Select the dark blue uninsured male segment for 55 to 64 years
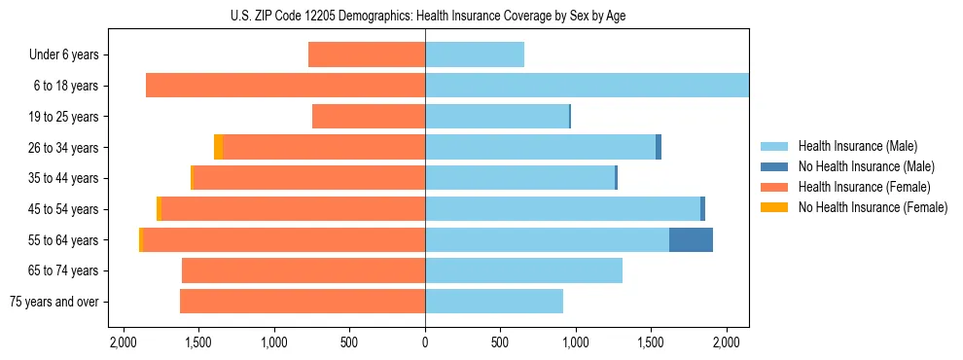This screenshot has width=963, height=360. (691, 239)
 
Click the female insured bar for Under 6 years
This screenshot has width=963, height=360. (367, 54)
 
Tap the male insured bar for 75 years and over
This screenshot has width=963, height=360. (494, 302)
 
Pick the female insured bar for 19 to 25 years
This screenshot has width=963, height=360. (369, 117)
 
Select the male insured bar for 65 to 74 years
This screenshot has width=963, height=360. (523, 270)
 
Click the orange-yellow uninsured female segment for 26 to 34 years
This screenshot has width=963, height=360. (218, 147)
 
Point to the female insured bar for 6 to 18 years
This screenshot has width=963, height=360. (285, 86)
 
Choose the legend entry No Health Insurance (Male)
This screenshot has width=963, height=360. (866, 166)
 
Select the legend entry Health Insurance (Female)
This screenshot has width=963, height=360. (865, 187)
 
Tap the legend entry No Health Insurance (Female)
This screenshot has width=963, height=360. (873, 207)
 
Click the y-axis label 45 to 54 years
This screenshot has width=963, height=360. (64, 209)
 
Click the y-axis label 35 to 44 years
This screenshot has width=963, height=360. (64, 178)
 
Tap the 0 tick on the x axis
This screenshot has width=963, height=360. (425, 342)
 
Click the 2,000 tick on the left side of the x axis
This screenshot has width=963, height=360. (124, 342)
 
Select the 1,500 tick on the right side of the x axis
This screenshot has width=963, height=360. (651, 342)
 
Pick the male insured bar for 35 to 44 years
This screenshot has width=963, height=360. (519, 178)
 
